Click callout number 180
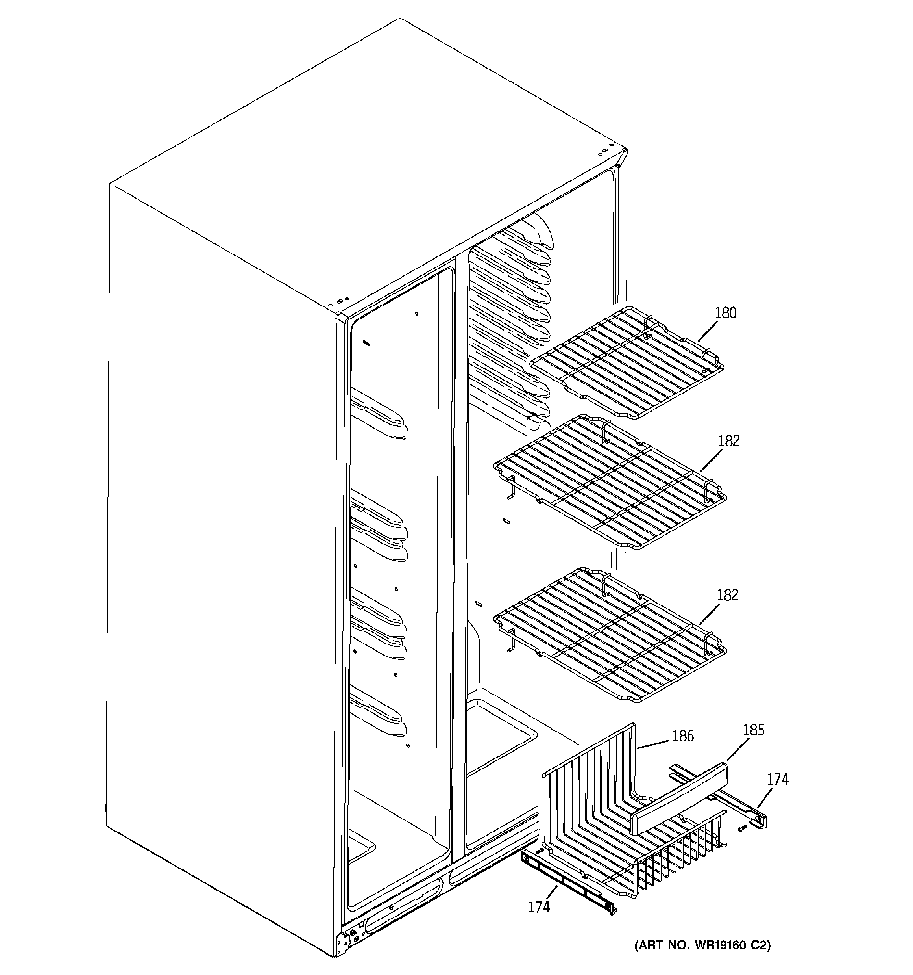[725, 313]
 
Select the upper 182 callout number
[728, 441]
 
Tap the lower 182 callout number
[727, 595]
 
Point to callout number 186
[683, 735]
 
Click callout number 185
[753, 730]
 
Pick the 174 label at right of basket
[777, 779]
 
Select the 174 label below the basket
[539, 907]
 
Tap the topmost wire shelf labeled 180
[627, 363]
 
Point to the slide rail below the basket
[569, 883]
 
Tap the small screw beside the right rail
[741, 828]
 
